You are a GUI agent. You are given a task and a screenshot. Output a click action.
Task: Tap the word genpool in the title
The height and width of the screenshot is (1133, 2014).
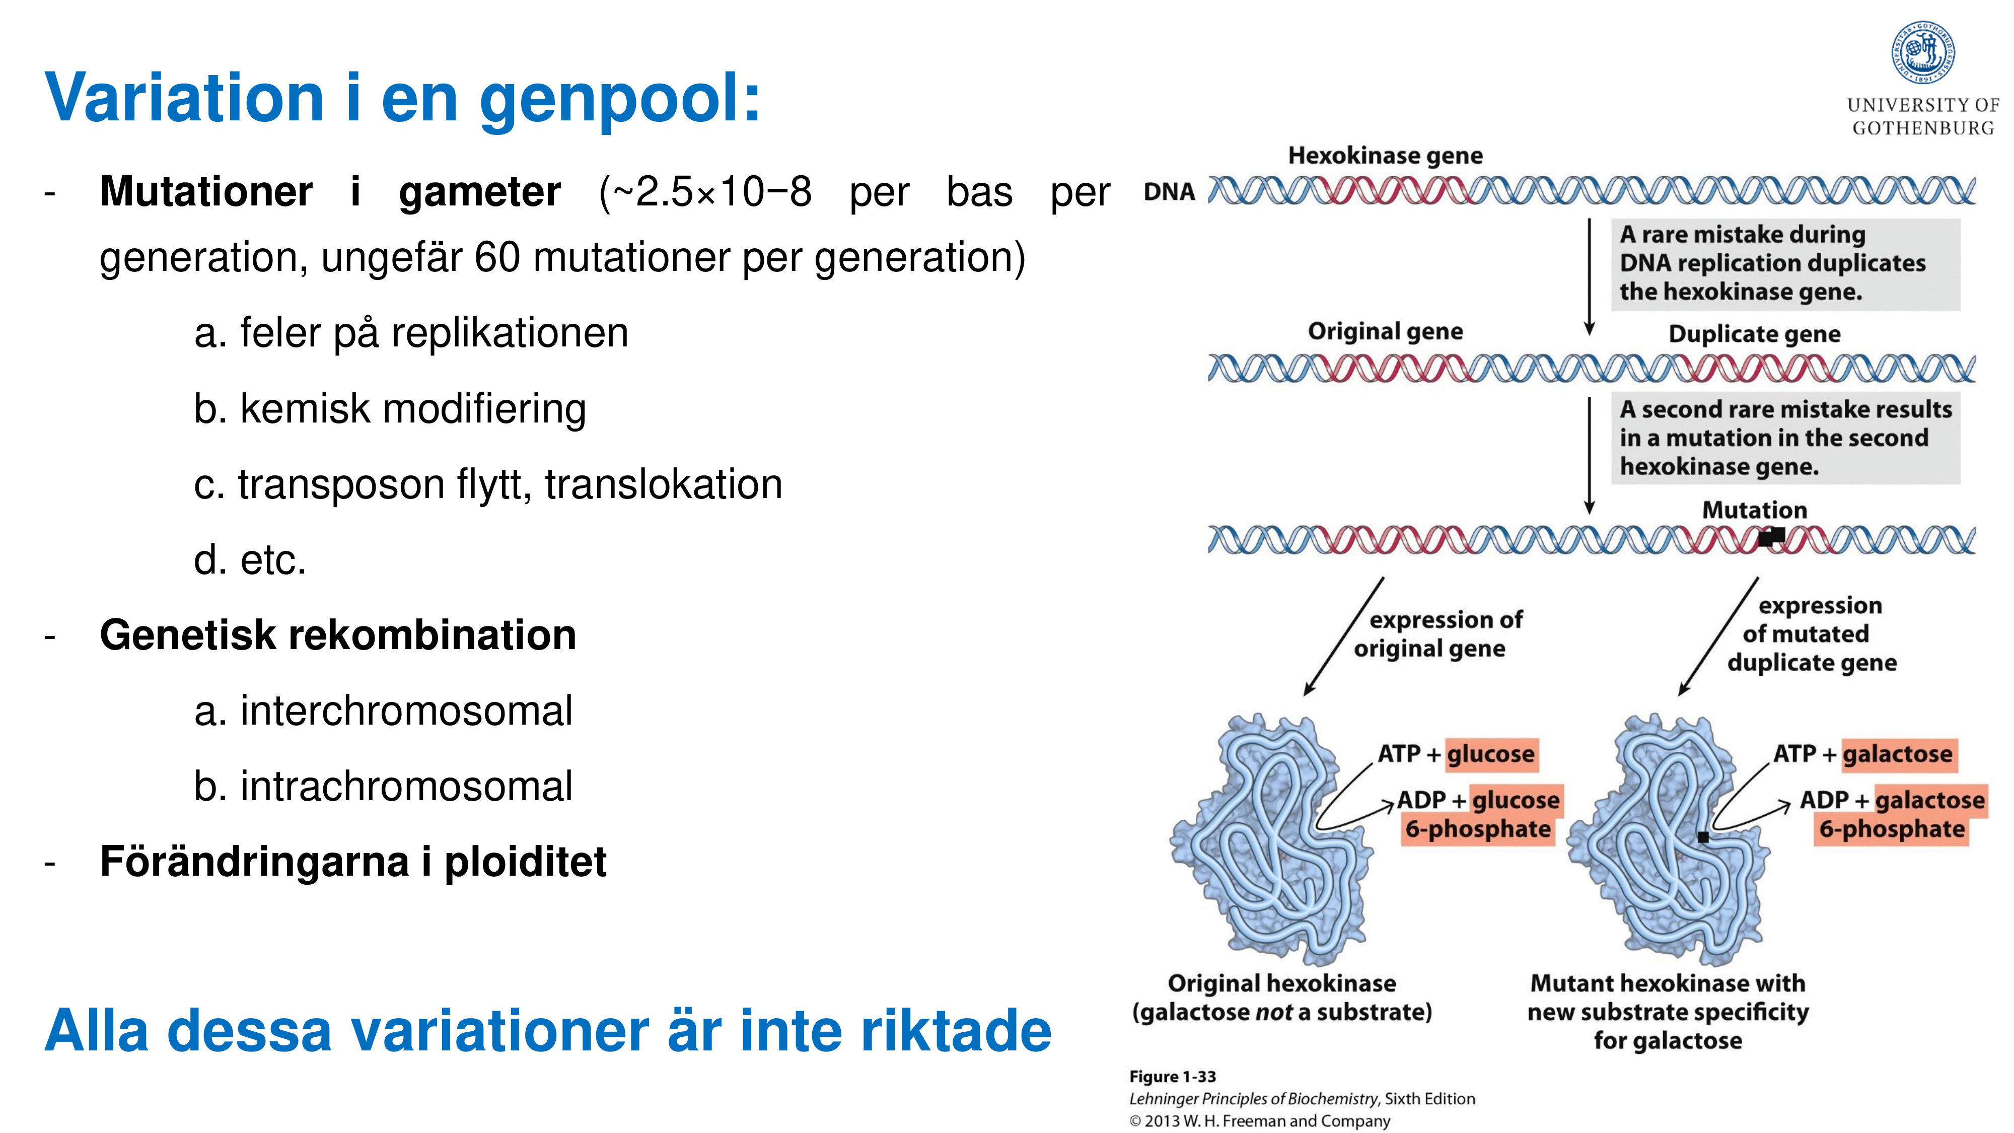point(619,99)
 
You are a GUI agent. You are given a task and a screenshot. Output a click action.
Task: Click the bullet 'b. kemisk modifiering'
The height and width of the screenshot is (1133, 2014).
point(389,409)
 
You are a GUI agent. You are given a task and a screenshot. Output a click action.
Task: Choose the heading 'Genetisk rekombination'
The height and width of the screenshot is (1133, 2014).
point(338,635)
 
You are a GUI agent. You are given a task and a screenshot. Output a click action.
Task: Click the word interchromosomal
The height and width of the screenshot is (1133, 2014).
point(406,711)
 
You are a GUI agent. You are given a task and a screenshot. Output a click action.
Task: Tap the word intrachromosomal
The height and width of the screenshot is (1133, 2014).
point(406,787)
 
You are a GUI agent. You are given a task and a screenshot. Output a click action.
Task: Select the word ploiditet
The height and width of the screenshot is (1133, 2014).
point(525,862)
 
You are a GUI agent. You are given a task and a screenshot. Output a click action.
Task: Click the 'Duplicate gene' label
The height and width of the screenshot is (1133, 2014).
point(1754,334)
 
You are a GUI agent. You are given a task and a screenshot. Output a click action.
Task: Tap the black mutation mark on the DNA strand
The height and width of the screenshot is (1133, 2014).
point(1771,536)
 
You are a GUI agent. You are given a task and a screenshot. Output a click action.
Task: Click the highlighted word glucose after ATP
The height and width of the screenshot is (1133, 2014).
point(1490,754)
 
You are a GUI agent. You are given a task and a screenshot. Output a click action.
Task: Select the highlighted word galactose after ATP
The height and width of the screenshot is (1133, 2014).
point(1898,754)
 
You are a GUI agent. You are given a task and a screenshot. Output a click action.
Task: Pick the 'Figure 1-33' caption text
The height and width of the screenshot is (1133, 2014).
point(1172,1077)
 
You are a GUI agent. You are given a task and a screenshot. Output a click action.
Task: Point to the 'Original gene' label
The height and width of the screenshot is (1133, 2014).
point(1385,331)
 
